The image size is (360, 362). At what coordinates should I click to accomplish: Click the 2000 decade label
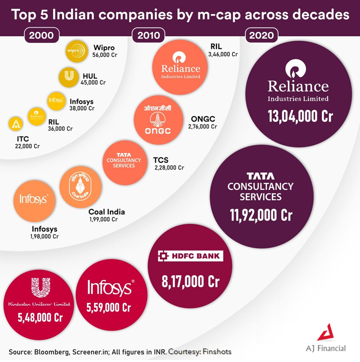[x=42, y=35]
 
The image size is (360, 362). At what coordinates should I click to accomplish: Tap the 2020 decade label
[x=261, y=35]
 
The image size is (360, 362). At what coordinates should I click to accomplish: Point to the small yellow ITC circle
[x=16, y=123]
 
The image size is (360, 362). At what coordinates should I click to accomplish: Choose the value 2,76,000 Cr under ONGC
[x=202, y=126]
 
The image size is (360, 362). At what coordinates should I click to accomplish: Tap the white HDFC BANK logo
[x=190, y=256]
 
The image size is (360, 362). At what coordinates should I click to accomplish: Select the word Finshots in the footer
[x=217, y=351]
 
